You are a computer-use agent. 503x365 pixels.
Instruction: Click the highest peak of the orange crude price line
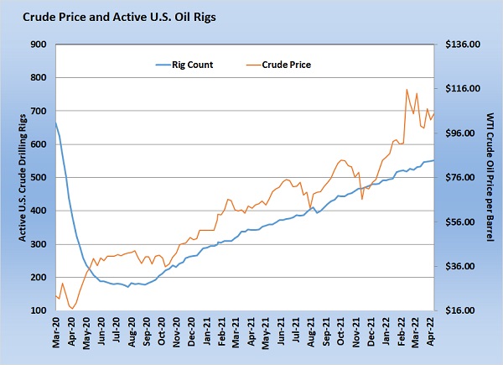(x=407, y=90)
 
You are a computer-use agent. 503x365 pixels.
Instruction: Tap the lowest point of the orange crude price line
(x=72, y=309)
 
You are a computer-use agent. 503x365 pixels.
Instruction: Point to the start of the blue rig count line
(x=56, y=123)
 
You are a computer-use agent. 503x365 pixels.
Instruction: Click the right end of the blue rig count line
(x=433, y=160)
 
